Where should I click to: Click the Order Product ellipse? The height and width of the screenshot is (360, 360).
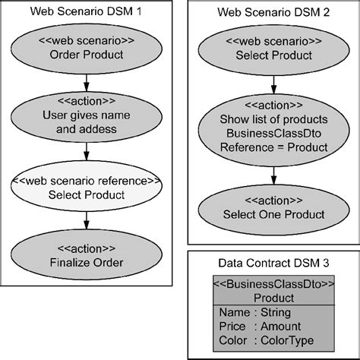pos(87,47)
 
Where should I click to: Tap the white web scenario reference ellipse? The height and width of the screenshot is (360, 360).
pos(87,188)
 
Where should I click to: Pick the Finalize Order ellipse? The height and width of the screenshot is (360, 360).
pos(87,256)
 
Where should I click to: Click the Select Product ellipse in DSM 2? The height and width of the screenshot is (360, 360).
pos(273,47)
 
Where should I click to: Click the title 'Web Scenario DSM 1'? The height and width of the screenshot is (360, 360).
pos(86,13)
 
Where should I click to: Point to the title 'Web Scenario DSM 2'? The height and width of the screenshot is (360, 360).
pos(273,13)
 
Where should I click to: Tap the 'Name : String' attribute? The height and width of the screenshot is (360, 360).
pos(254,311)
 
